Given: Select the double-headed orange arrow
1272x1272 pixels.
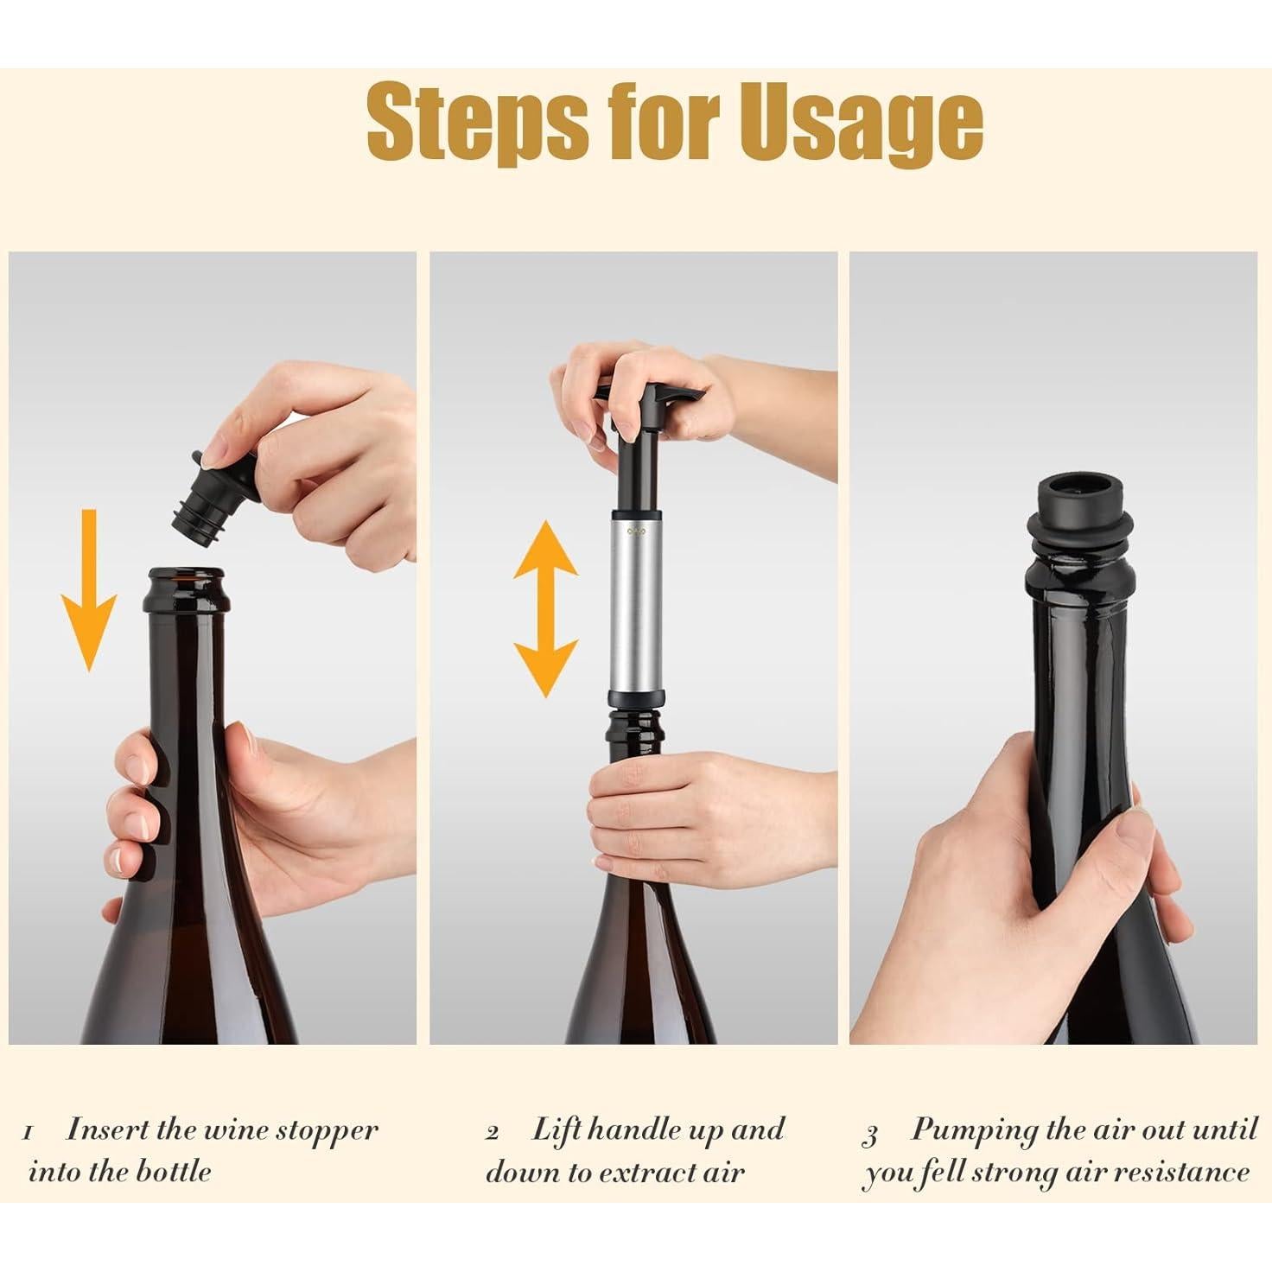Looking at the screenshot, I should tap(544, 608).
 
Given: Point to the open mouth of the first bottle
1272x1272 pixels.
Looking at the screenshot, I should tap(186, 574).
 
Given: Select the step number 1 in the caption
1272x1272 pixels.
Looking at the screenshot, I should tap(29, 1133).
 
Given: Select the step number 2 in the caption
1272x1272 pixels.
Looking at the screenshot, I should tap(492, 1133).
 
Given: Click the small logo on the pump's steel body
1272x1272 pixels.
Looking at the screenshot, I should tap(636, 531).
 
